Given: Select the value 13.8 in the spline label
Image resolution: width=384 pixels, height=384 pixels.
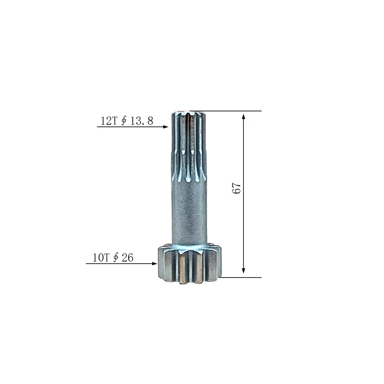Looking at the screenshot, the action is coord(142,121).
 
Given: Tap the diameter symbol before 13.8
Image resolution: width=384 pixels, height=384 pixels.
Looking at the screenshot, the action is coord(124,121).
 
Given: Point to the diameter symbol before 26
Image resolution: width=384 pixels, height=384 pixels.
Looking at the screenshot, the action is coord(116,258).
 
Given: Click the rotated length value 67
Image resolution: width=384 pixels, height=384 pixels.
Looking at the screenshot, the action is coord(237,188).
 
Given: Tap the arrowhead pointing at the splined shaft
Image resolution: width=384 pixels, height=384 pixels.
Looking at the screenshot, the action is coord(166,127).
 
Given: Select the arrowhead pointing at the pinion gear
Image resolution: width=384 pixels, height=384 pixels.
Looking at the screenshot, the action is coord(155,264).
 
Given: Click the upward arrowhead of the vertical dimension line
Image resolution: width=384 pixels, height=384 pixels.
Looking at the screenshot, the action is coord(243,116).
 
